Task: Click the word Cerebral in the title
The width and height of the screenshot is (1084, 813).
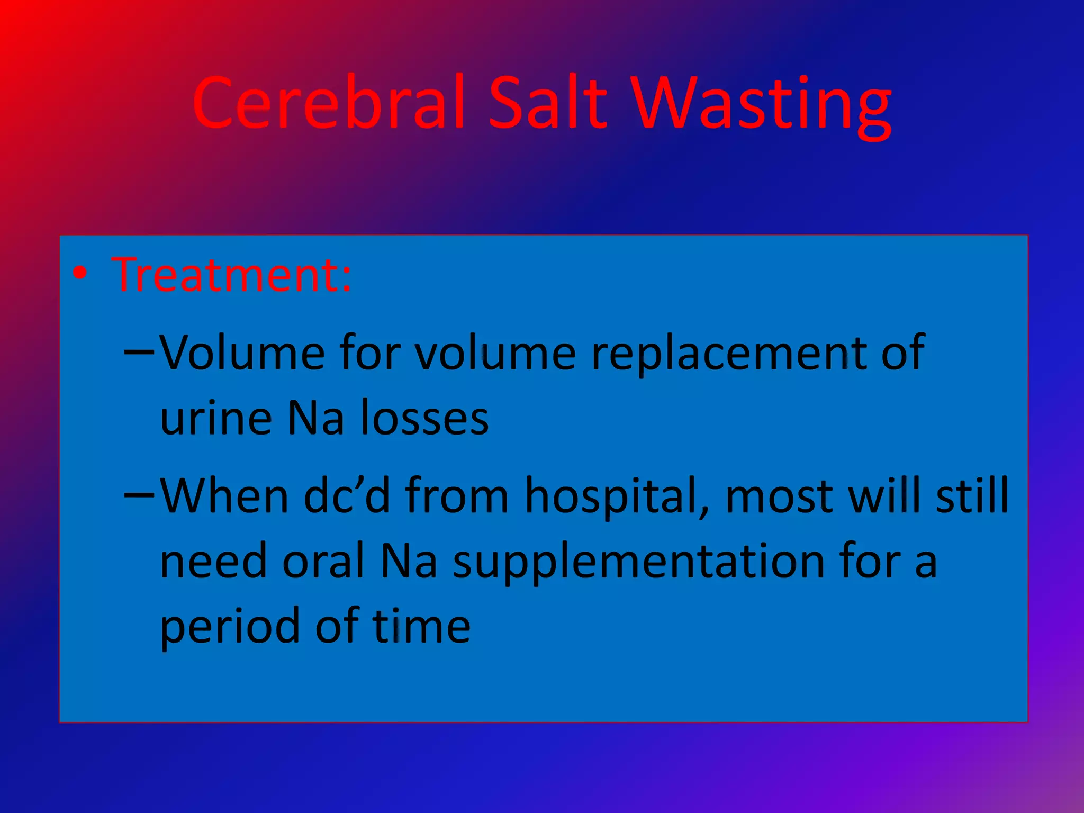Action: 329,103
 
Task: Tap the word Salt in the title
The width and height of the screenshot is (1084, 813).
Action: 547,103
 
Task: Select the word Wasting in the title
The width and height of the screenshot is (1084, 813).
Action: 762,106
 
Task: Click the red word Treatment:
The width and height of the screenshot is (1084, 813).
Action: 231,275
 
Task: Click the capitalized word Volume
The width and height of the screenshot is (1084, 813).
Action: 242,353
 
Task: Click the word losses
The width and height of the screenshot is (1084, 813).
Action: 424,418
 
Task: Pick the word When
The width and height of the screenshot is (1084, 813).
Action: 224,496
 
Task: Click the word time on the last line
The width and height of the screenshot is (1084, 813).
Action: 421,626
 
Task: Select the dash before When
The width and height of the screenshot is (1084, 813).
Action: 139,495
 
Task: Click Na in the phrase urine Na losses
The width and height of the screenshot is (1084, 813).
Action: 315,418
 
